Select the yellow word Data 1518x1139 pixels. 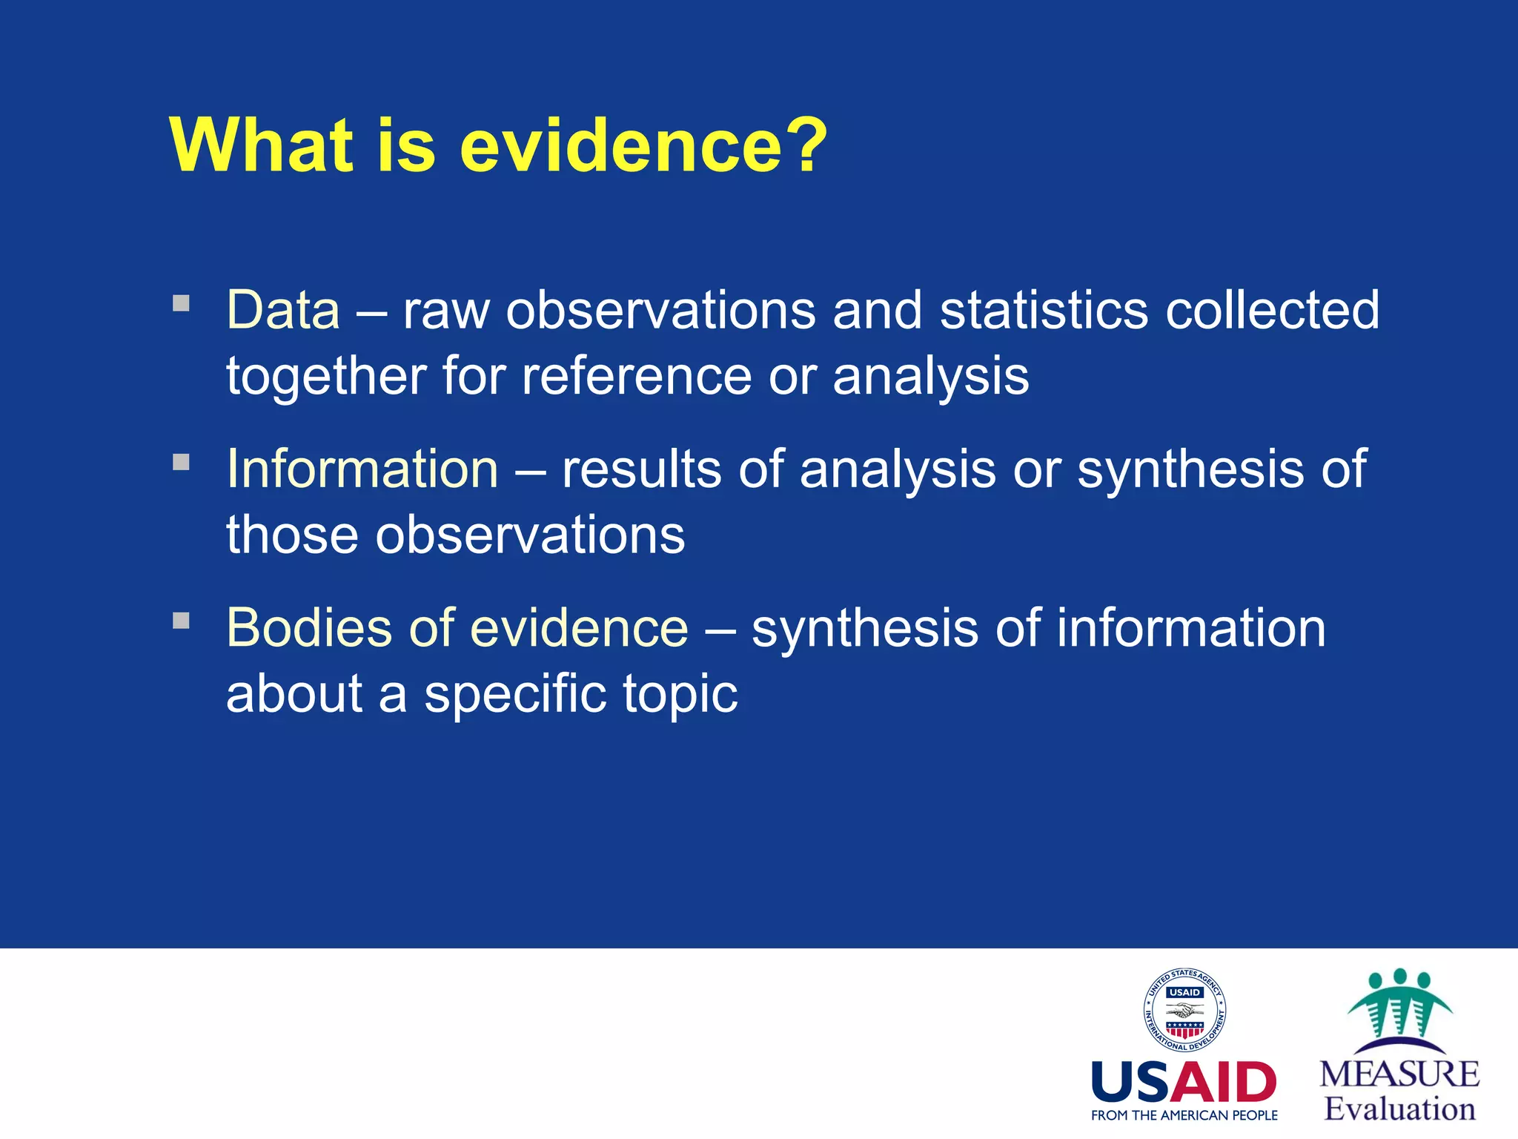pos(283,310)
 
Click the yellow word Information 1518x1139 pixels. pos(362,469)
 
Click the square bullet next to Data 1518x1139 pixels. pos(182,303)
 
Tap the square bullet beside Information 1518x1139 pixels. pos(182,462)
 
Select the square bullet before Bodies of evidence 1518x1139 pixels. pos(182,621)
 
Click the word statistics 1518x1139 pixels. pos(1044,310)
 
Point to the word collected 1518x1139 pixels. pos(1272,310)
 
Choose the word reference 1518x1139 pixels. pos(636,376)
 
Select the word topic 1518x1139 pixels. pos(680,695)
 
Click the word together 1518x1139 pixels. pos(325,376)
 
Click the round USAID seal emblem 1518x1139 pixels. pos(1184,1010)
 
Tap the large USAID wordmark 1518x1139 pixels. pos(1184,1083)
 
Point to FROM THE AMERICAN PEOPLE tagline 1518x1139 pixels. pos(1184,1115)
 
